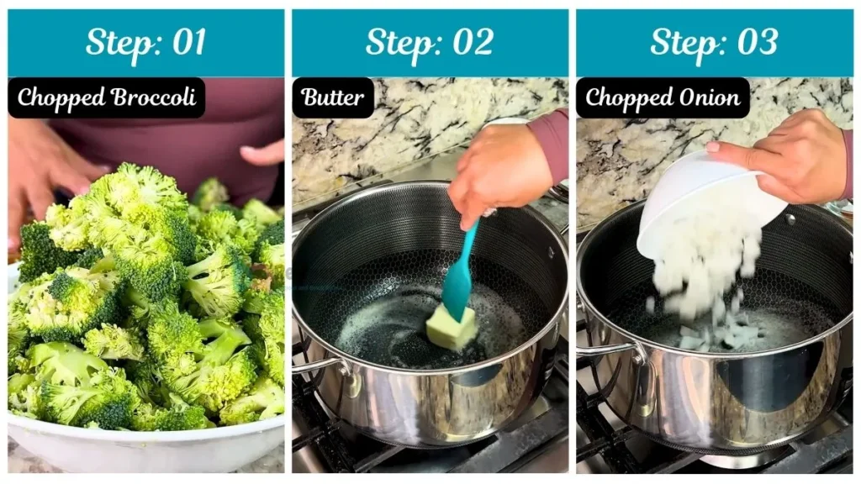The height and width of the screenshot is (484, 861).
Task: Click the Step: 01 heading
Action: [x=145, y=42]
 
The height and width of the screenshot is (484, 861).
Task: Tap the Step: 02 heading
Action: [x=430, y=42]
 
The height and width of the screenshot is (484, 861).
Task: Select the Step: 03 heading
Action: [x=714, y=42]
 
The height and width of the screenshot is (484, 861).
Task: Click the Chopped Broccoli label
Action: [x=107, y=97]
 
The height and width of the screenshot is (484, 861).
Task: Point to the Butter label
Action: [x=333, y=97]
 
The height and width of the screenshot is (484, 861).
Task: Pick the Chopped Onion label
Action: [x=663, y=97]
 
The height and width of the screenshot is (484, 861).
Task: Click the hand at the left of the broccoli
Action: [x=38, y=168]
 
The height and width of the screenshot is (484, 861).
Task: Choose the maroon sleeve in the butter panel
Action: [x=551, y=143]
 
